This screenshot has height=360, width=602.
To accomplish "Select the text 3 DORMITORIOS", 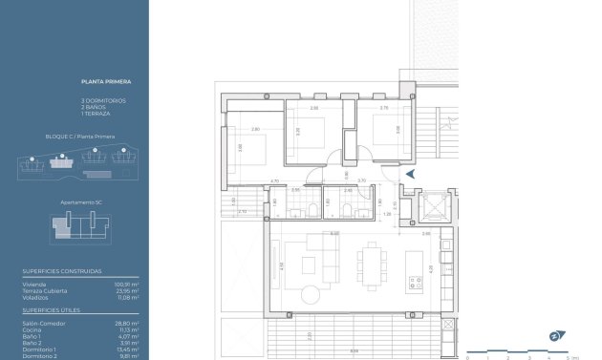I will coord(103,100).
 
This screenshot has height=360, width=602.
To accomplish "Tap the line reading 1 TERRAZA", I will coord(97,114).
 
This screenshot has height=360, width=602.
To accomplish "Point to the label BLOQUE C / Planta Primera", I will coord(80,137).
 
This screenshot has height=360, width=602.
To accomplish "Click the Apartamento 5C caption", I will coord(80,202).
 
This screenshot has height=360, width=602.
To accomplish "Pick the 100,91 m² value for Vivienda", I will coord(127,284).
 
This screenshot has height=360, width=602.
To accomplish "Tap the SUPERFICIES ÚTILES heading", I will coord(52,310).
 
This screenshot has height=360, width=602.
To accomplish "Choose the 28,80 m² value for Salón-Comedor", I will coord(128,324).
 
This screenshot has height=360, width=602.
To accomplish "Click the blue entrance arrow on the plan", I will coord(410,174).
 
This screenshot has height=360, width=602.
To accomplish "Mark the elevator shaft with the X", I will coord(436,207).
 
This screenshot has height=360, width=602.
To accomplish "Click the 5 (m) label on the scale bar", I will coord(570,357).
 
